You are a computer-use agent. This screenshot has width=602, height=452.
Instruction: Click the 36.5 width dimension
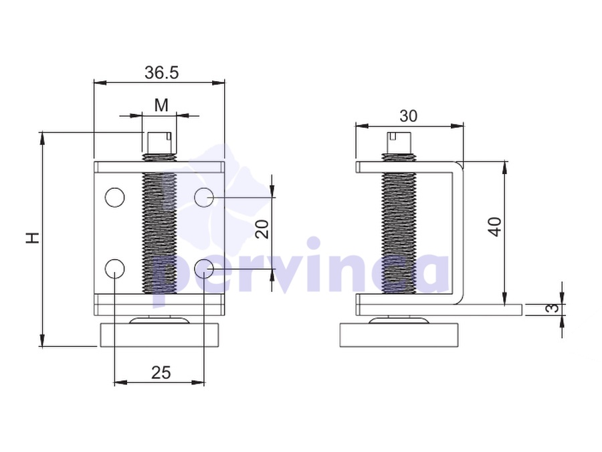161,72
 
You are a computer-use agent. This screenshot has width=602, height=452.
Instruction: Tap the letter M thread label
161,105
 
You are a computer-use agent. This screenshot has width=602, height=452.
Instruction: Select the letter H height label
33,238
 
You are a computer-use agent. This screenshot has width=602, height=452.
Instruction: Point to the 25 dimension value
161,372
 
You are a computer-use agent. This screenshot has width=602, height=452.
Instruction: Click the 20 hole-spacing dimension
262,230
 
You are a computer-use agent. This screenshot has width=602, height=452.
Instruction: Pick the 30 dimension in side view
409,116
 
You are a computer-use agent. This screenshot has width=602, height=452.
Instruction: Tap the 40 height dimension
495,227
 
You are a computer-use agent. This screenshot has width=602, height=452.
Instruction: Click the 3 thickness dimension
553,308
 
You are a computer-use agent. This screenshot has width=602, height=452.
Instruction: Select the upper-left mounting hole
115,198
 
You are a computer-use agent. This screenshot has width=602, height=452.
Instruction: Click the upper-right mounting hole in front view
204,198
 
